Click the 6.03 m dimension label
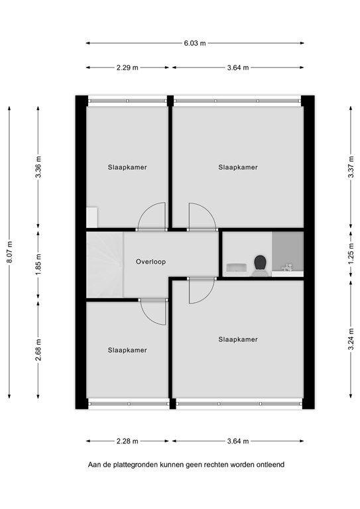195,44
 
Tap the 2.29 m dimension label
127,67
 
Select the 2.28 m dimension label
127,440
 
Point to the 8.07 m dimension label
10,252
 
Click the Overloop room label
150,262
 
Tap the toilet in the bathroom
260,263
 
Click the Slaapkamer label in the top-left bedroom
127,168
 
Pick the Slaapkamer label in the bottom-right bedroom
238,339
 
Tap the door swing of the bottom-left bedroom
154,311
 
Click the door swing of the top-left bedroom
151,215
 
